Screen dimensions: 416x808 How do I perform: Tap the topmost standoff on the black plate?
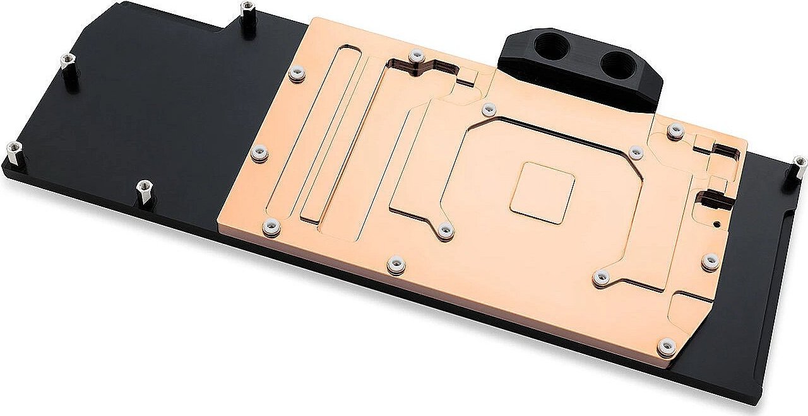(246, 11)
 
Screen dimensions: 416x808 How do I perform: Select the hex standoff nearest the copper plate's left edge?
(145, 188)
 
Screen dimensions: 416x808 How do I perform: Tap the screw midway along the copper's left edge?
(258, 153)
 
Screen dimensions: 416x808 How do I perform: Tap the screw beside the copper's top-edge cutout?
(415, 57)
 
